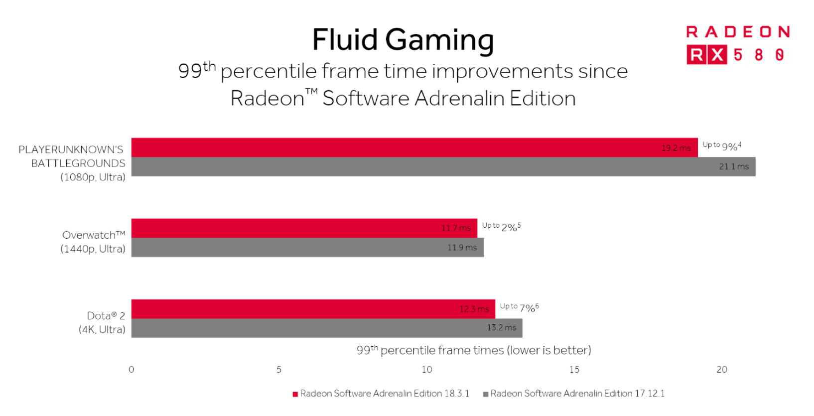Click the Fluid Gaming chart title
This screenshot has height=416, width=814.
[403, 40]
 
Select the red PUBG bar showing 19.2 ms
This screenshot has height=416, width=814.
[413, 147]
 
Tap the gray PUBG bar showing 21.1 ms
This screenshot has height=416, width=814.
[443, 166]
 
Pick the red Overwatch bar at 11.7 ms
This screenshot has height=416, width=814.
[304, 228]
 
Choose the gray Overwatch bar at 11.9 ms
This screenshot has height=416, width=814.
[307, 247]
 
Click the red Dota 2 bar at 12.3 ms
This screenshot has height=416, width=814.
[313, 309]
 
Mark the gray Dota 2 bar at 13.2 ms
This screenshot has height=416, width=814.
[326, 328]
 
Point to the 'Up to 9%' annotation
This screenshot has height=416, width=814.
[721, 145]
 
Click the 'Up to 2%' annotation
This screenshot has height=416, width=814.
[501, 227]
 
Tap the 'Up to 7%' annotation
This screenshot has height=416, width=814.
[519, 307]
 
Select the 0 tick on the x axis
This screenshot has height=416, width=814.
[132, 369]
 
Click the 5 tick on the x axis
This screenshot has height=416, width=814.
[279, 369]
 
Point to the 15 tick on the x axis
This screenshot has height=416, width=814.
[574, 369]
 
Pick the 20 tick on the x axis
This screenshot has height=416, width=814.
[721, 369]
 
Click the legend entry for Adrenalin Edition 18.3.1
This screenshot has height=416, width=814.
[382, 394]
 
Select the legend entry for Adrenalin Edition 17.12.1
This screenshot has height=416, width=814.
[574, 394]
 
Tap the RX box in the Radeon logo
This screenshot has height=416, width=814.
[706, 54]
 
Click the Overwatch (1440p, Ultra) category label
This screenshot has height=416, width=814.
[93, 242]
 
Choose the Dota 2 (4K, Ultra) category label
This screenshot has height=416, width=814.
[102, 322]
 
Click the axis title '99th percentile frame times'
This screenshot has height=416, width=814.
[473, 350]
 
